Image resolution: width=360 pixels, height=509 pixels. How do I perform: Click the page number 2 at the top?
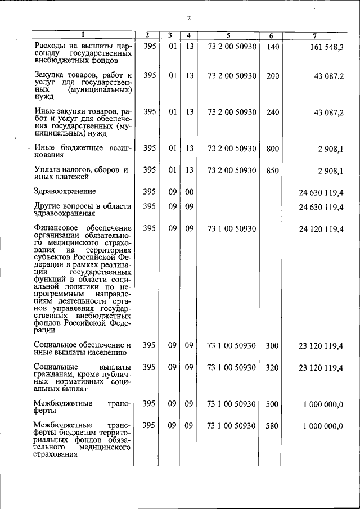tap(190, 19)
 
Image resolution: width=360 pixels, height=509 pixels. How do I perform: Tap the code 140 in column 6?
tap(273, 47)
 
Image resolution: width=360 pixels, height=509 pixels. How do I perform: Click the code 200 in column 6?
tap(273, 75)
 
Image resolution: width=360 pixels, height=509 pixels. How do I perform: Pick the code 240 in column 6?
tap(273, 112)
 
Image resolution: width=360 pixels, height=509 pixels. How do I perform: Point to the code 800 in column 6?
tap(273, 148)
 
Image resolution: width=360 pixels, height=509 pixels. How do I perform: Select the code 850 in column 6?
tap(273, 170)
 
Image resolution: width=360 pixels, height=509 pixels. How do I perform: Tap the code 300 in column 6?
tap(273, 345)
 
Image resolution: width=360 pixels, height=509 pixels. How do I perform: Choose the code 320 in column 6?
tap(273, 367)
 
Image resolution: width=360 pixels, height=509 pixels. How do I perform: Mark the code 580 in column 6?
tap(273, 426)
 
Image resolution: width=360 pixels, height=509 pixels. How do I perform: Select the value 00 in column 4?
tap(190, 192)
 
